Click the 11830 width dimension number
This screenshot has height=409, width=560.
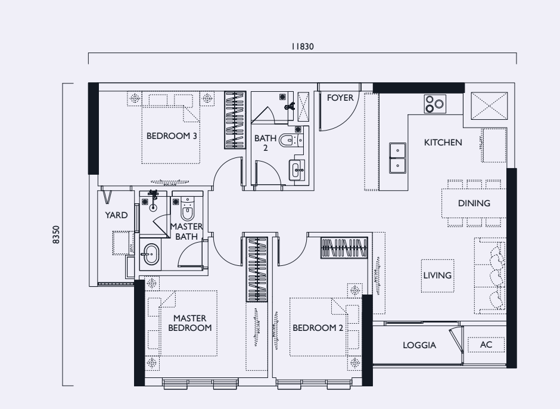pyautogui.click(x=303, y=47)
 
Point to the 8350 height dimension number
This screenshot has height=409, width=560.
pyautogui.click(x=57, y=234)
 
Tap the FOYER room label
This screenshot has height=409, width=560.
pyautogui.click(x=340, y=98)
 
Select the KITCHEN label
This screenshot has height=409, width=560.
pyautogui.click(x=443, y=142)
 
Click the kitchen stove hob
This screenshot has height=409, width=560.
pyautogui.click(x=435, y=104)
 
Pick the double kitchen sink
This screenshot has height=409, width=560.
pyautogui.click(x=397, y=157)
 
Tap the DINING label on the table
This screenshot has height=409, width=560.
pyautogui.click(x=474, y=203)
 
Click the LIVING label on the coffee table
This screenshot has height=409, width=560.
pyautogui.click(x=437, y=275)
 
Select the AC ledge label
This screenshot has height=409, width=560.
pyautogui.click(x=486, y=345)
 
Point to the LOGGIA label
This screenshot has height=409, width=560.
pyautogui.click(x=419, y=345)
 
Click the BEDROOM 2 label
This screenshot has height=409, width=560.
pyautogui.click(x=318, y=328)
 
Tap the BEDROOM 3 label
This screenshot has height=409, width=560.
pyautogui.click(x=172, y=136)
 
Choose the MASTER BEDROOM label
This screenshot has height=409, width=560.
pyautogui.click(x=189, y=323)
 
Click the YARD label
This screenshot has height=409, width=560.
pyautogui.click(x=116, y=215)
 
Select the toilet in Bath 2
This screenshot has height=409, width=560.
pyautogui.click(x=291, y=141)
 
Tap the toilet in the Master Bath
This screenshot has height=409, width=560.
pyautogui.click(x=188, y=209)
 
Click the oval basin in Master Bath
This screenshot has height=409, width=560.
pyautogui.click(x=151, y=254)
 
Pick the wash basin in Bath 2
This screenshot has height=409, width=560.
pyautogui.click(x=297, y=170)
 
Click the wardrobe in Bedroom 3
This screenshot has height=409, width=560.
pyautogui.click(x=235, y=120)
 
